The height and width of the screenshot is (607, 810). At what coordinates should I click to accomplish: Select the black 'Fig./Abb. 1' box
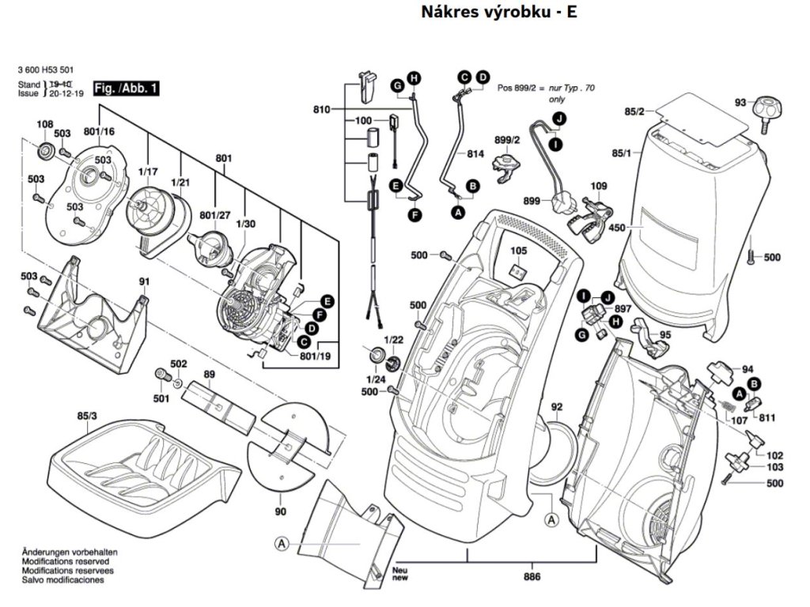click(x=126, y=89)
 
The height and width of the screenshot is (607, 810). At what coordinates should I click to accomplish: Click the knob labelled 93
click(x=765, y=110)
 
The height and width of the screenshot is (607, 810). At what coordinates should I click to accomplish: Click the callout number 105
click(x=517, y=251)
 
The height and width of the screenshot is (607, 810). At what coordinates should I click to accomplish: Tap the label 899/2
click(x=506, y=140)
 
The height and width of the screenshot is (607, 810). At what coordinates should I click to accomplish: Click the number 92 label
click(x=557, y=407)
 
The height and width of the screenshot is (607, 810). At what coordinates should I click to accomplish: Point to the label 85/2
click(x=635, y=111)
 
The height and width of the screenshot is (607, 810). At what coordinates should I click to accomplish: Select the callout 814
click(x=475, y=154)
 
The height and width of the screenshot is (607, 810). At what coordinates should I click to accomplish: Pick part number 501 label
click(x=161, y=398)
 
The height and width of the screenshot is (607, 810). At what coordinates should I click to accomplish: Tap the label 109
click(x=599, y=187)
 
